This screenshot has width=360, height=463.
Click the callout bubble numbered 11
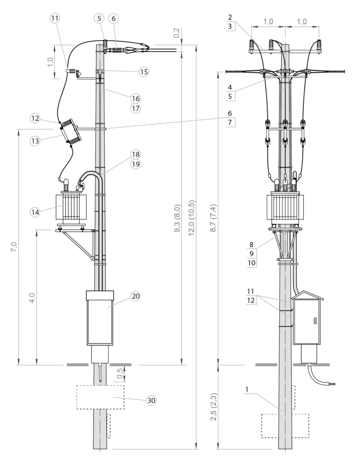[x=55, y=19]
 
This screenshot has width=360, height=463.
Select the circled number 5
[x=99, y=19]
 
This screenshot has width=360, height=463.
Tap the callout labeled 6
[x=114, y=19]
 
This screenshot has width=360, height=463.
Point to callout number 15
[x=143, y=71]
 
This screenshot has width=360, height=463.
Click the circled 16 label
[x=135, y=99]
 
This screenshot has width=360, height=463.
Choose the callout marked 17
[x=135, y=109]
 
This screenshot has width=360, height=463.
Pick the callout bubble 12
[x=35, y=118]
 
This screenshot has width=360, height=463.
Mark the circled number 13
[x=35, y=141]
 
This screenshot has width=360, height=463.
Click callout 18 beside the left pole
[x=135, y=154]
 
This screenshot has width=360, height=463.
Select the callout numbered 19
[x=135, y=165]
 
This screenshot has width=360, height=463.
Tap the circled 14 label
[x=35, y=212]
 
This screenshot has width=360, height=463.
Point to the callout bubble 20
[x=135, y=297]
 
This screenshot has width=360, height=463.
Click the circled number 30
[x=152, y=400]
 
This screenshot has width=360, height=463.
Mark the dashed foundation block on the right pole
[x=285, y=425]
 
